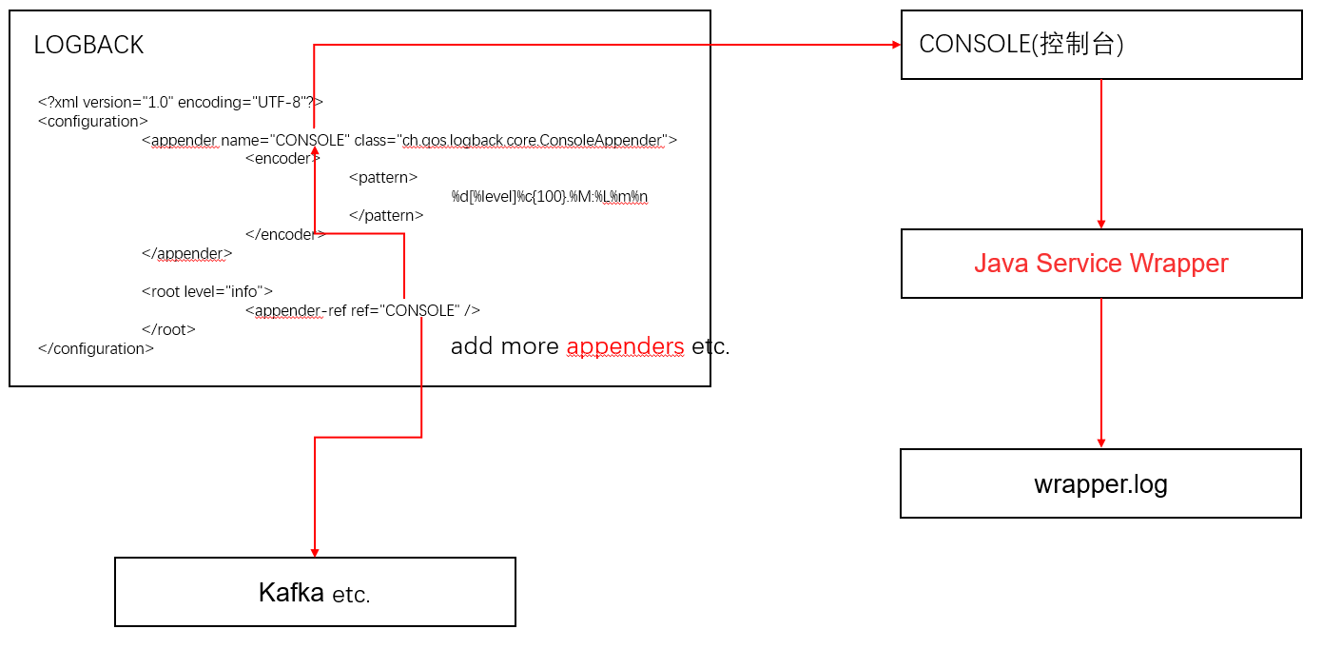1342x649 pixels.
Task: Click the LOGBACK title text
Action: pos(88,45)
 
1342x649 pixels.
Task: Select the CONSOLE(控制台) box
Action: pos(1101,45)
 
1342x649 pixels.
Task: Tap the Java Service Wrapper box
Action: pos(1101,264)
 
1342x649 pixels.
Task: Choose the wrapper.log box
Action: pos(1100,483)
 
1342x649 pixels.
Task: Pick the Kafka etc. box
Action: pos(315,593)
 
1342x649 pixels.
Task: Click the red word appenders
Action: pos(625,346)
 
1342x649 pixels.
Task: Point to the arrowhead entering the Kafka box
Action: pos(315,552)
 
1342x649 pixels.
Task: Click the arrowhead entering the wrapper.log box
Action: pos(1101,442)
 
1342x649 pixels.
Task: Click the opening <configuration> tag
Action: pos(93,121)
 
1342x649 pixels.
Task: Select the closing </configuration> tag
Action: pos(96,348)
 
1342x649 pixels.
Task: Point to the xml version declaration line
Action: pos(181,102)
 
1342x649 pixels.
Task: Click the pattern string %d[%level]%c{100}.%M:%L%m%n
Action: pos(550,197)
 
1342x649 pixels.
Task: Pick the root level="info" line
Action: pos(207,291)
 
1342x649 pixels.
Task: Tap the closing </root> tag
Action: pos(168,329)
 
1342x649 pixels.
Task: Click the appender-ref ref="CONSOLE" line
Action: pos(362,310)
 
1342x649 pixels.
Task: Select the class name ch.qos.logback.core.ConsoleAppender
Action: pos(533,140)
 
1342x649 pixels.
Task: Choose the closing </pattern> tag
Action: pos(386,216)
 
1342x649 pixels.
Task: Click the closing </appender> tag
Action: pos(186,253)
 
